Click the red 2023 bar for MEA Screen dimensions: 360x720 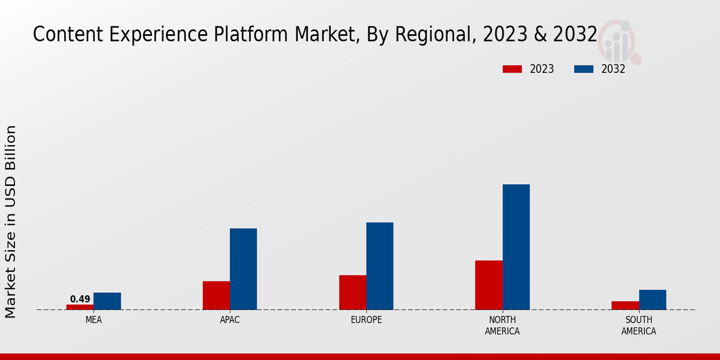[x=80, y=307]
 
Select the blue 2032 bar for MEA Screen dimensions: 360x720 [x=107, y=301]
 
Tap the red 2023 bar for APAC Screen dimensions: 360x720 [x=216, y=295]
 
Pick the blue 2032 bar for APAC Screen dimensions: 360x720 [x=244, y=269]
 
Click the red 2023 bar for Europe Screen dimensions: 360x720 [x=353, y=292]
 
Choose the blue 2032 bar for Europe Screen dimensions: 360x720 [x=380, y=266]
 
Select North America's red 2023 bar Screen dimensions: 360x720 [x=489, y=285]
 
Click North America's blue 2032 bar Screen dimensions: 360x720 [x=516, y=247]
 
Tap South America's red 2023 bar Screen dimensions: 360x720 [x=625, y=305]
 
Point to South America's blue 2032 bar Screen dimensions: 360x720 [x=652, y=299]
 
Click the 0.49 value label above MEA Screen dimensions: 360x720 [x=80, y=299]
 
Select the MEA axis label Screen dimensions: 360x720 [x=94, y=320]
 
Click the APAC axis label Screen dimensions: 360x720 [x=230, y=320]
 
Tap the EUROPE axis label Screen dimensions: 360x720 [x=366, y=320]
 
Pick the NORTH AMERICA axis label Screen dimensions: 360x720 [x=503, y=325]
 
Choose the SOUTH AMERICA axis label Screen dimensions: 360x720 [x=638, y=325]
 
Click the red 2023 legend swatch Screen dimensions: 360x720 [x=512, y=69]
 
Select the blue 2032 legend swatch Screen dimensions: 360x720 [x=584, y=69]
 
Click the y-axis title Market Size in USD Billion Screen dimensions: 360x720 [x=11, y=221]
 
